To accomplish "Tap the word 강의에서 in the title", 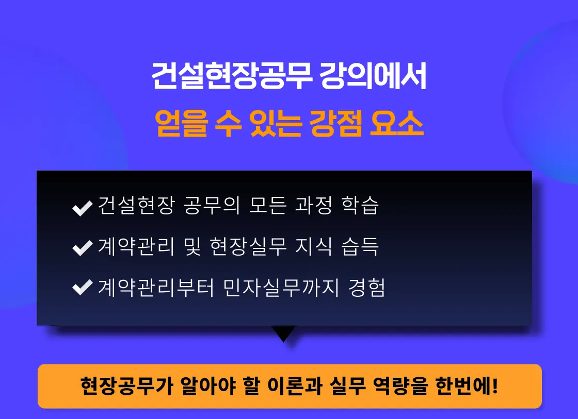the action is [x=373, y=76].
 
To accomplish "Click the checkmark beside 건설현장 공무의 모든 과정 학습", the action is [x=83, y=208].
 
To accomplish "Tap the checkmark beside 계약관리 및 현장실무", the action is [x=83, y=248].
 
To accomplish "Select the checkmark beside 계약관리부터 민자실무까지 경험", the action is [x=83, y=288].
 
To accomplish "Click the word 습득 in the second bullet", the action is [x=360, y=246].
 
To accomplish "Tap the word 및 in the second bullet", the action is [x=192, y=246].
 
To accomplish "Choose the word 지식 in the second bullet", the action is [x=314, y=246].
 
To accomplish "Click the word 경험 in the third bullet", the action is [x=367, y=288].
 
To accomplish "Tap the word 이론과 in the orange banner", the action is [x=295, y=386].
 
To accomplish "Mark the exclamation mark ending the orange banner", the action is [x=495, y=385].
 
